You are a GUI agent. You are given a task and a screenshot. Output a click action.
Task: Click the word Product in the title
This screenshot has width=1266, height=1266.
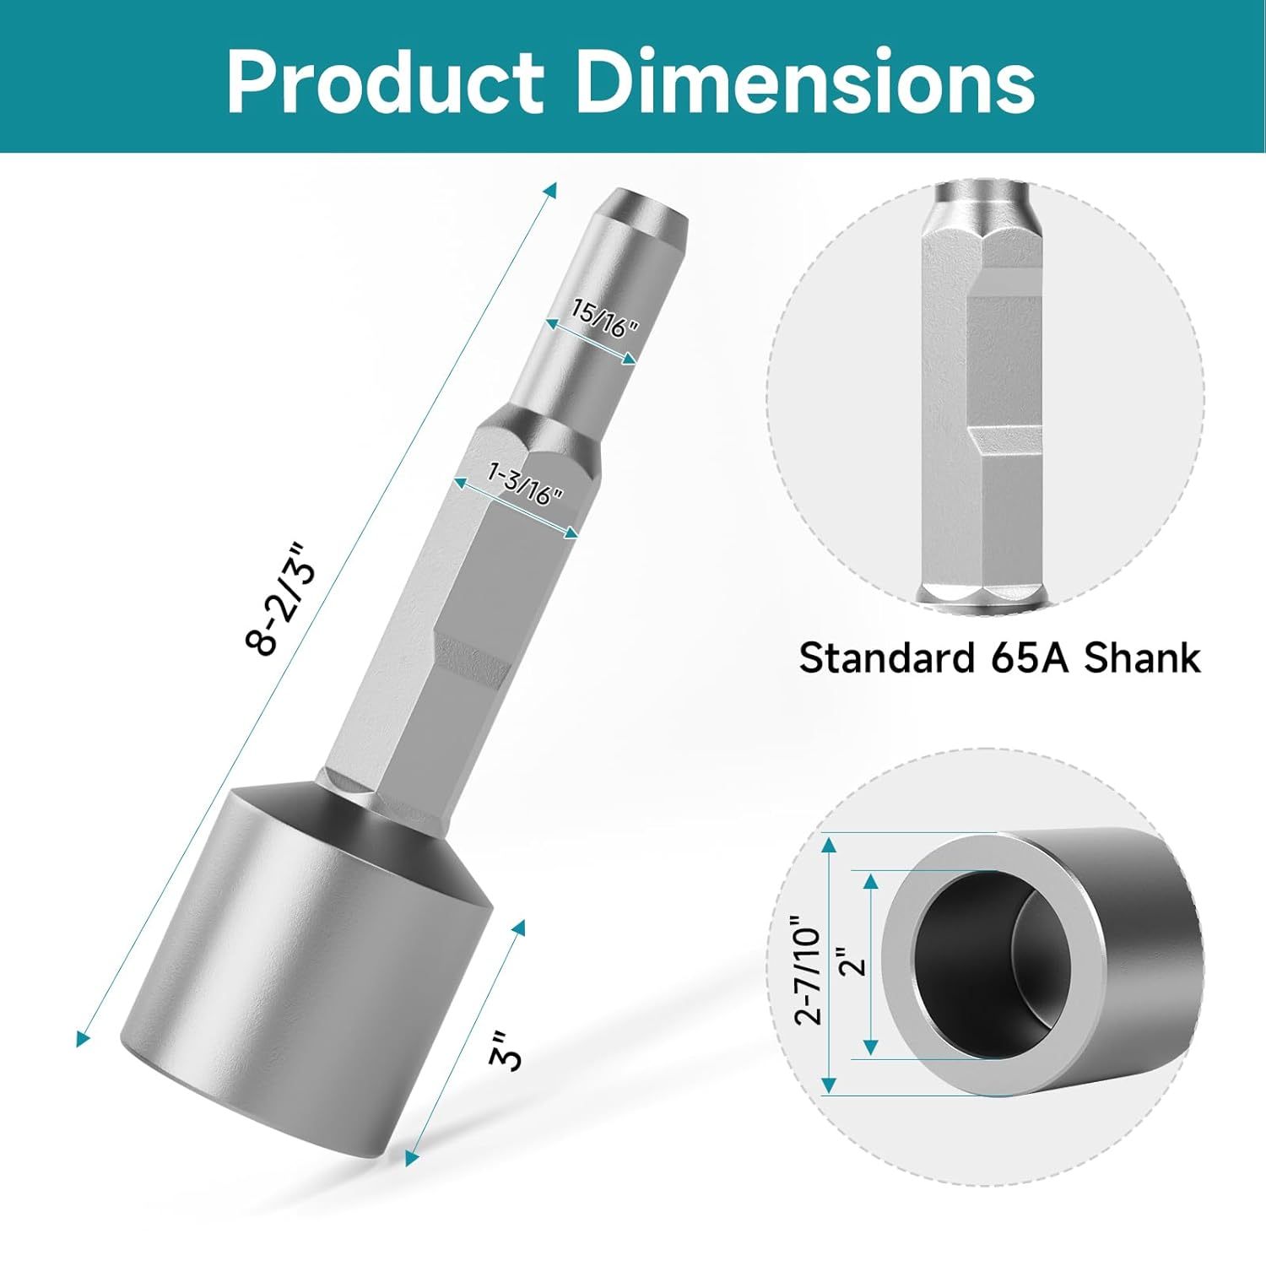(x=385, y=82)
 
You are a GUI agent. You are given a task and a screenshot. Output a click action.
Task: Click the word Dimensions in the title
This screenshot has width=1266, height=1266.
(x=805, y=82)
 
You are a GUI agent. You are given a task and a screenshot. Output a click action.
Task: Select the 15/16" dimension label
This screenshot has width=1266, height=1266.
(x=604, y=318)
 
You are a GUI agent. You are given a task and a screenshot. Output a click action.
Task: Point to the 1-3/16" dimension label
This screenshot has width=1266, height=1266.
(x=525, y=483)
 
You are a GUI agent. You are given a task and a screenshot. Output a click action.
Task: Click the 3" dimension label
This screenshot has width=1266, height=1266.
(x=506, y=1050)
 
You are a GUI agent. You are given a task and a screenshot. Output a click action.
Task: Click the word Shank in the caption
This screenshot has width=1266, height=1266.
(x=1142, y=657)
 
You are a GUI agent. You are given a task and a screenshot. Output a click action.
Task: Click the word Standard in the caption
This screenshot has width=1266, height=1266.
(x=886, y=657)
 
